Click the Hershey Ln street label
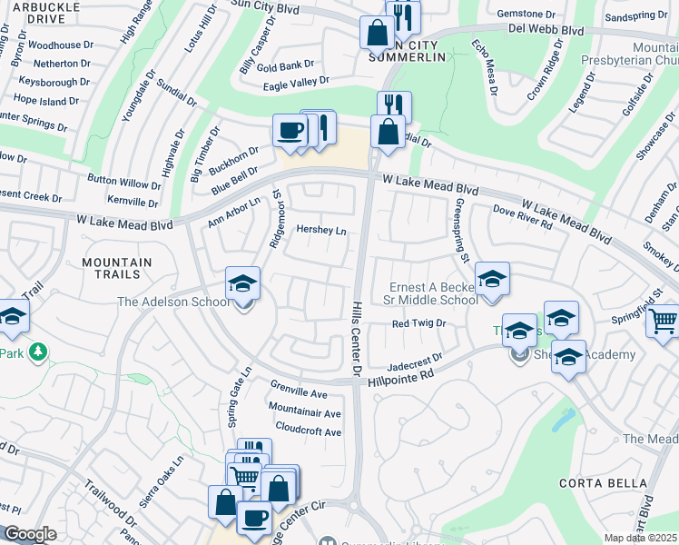(x=321, y=231)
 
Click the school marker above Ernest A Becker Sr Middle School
(x=491, y=280)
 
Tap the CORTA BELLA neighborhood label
(x=595, y=482)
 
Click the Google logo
(x=29, y=534)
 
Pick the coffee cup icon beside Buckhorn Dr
(x=290, y=130)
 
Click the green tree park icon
(x=37, y=352)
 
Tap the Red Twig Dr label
(x=419, y=322)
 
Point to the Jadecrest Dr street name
(x=414, y=361)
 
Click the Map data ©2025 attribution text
(x=641, y=538)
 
